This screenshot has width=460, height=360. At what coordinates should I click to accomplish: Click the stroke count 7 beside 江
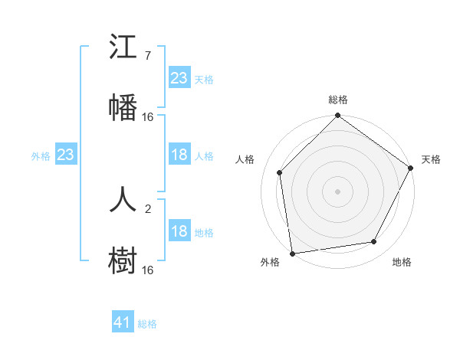147,56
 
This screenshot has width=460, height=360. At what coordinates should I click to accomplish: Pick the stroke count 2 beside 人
147,208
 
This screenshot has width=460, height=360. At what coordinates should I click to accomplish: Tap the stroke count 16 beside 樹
147,270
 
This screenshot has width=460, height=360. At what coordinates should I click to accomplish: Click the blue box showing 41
123,323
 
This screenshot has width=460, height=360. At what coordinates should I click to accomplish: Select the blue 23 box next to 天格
179,78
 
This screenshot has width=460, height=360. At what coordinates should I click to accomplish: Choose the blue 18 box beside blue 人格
179,155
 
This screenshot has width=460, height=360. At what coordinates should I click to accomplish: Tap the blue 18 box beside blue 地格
179,232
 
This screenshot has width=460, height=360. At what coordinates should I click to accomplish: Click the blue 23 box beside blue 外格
66,155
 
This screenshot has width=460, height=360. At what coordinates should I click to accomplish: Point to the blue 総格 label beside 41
147,324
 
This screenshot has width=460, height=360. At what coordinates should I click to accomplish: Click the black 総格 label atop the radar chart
338,100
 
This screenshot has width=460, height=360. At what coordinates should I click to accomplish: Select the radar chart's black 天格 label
431,159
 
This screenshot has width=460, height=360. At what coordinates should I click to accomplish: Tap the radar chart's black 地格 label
402,262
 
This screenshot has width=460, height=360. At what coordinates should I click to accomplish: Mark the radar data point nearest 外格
292,253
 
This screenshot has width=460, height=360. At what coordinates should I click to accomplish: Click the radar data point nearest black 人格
280,172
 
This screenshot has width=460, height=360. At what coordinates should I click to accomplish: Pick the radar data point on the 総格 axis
337,116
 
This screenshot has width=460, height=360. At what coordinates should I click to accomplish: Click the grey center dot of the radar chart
337,191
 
